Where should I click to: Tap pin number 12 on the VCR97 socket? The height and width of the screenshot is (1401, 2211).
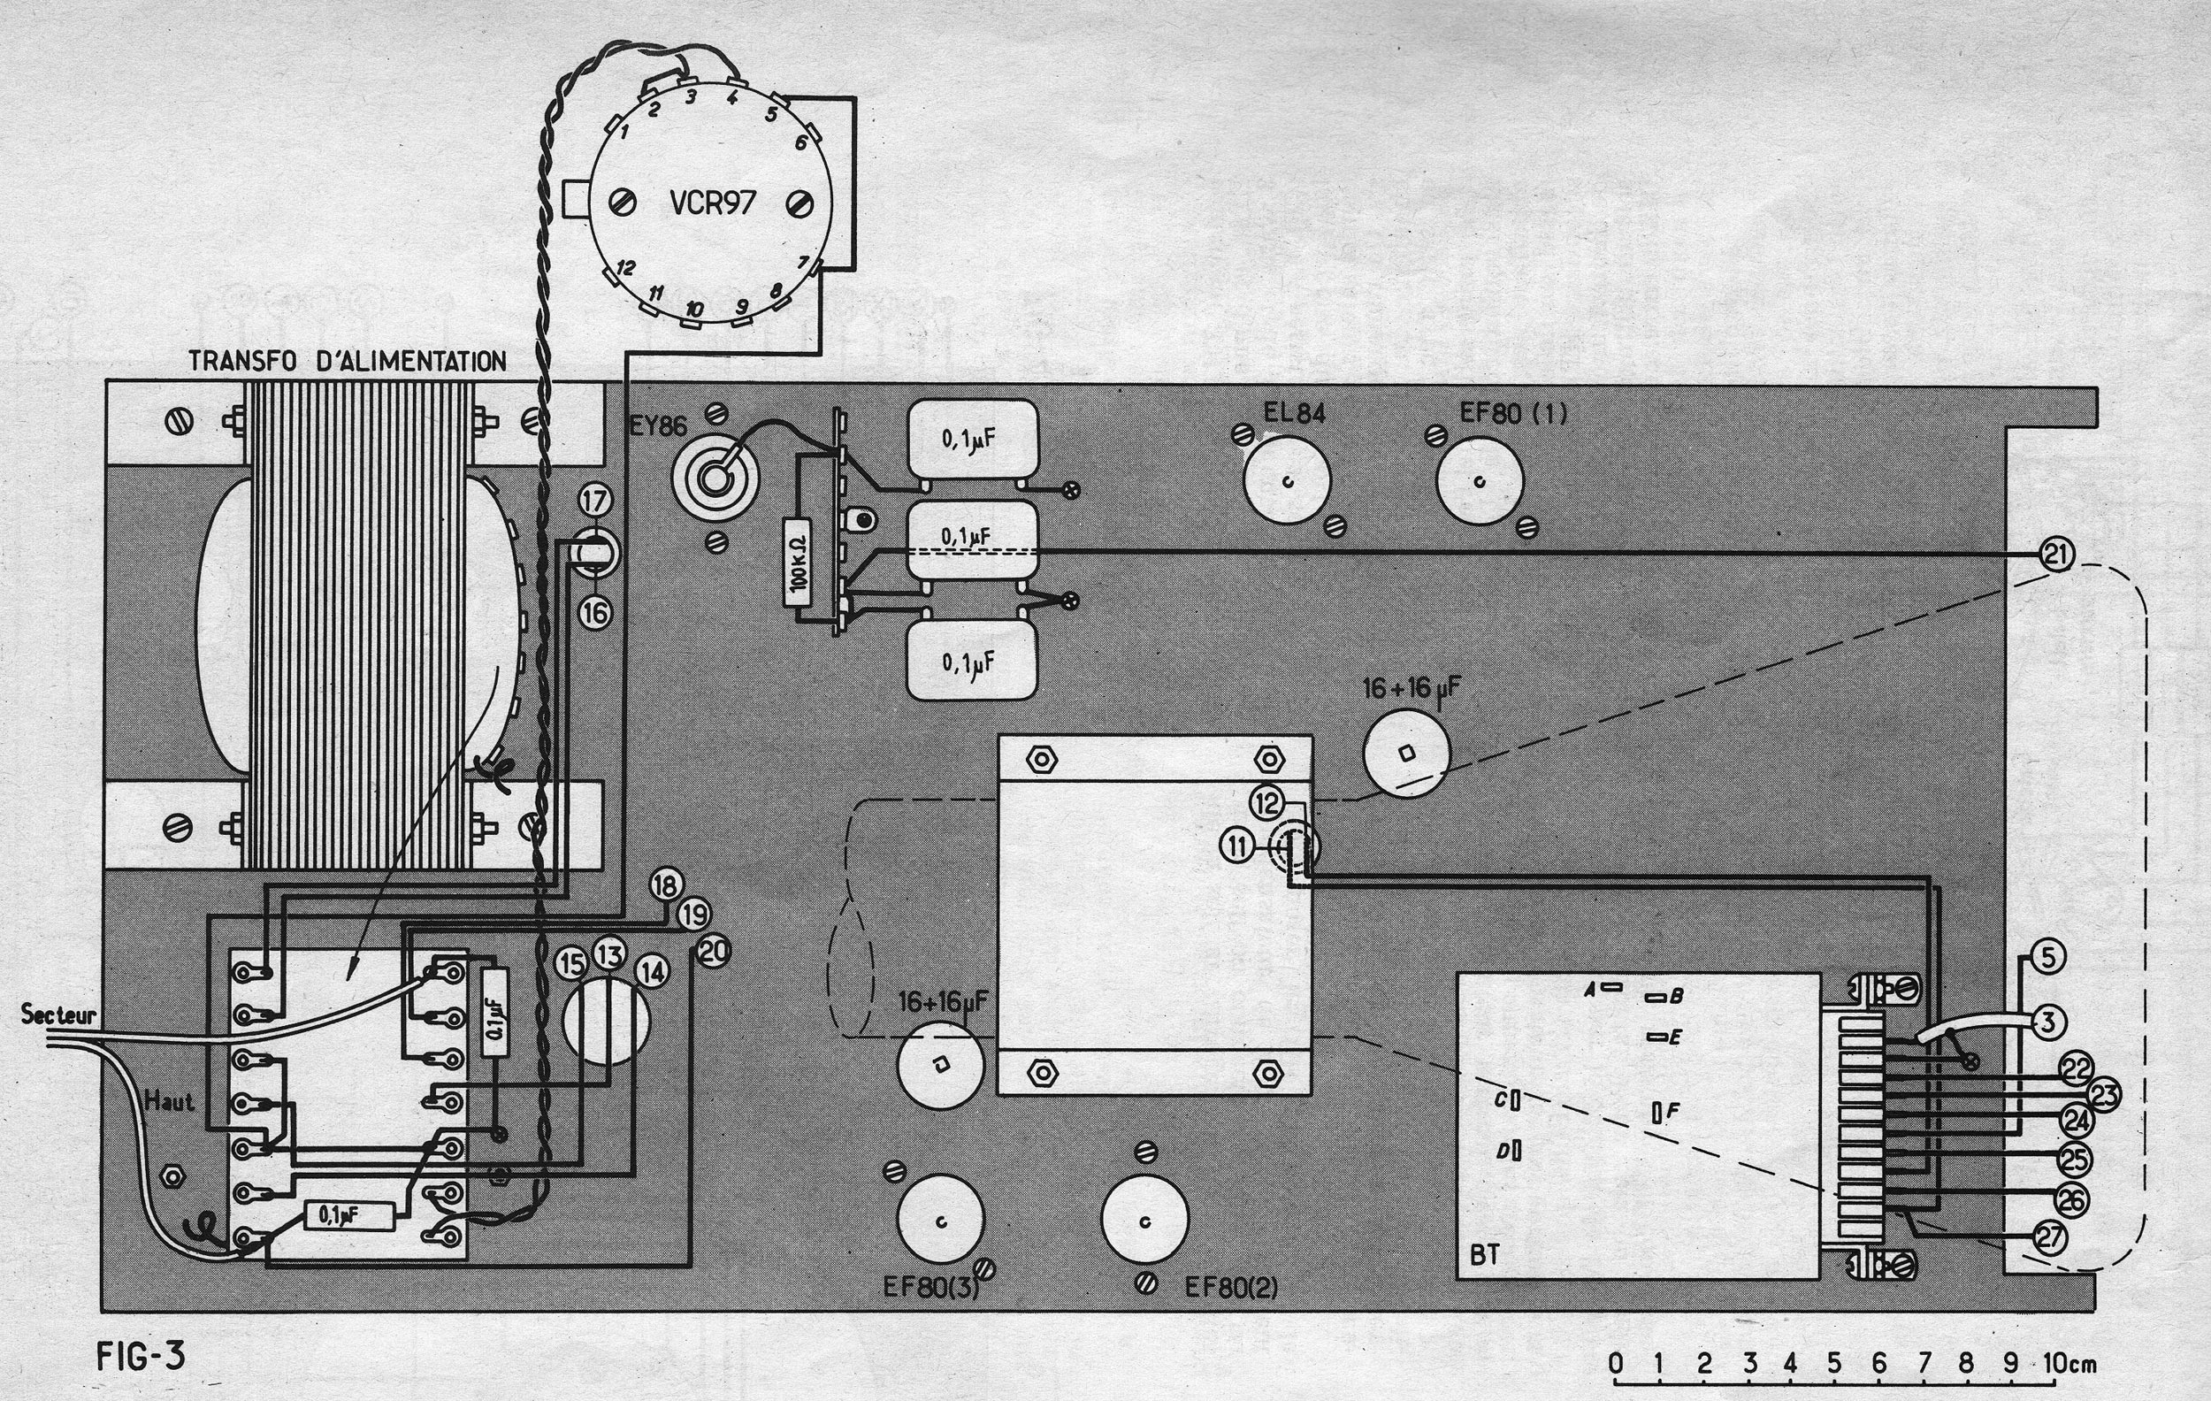tap(626, 268)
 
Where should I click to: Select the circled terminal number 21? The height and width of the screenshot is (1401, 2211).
tap(2057, 554)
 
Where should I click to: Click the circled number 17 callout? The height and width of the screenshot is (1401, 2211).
tap(595, 501)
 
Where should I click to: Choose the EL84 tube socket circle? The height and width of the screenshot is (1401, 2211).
tap(1287, 481)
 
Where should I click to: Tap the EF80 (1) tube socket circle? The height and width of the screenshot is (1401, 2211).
tap(1480, 481)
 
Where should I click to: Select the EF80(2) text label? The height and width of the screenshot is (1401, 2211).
tap(1231, 1287)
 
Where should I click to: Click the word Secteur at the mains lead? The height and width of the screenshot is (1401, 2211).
tap(57, 1014)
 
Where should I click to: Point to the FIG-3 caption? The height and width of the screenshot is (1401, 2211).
tap(141, 1356)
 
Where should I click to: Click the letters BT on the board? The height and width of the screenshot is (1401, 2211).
tap(1485, 1254)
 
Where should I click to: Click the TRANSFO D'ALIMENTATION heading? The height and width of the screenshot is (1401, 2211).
tap(347, 361)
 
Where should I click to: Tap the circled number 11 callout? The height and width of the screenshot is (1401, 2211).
tap(1238, 845)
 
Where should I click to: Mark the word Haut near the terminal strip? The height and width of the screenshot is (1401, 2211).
tap(169, 1101)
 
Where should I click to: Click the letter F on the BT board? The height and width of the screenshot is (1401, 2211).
tap(1672, 1112)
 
